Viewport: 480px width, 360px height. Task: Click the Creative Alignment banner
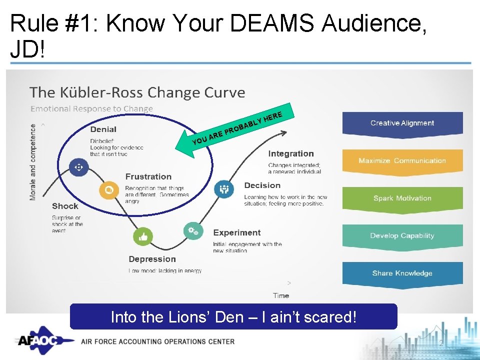point(402,123)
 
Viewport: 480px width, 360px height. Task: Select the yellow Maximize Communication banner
point(402,160)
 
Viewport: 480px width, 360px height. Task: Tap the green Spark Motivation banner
point(402,198)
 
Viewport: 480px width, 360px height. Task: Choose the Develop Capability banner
point(402,235)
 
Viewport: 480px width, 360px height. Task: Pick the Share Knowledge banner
point(402,273)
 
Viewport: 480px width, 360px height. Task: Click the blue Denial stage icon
point(78,167)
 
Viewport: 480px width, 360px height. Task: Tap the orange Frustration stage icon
point(108,190)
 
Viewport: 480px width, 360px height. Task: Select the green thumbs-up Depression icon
point(143,236)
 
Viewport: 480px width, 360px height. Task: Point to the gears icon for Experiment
point(192,230)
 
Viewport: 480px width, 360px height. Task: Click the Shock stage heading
point(65,206)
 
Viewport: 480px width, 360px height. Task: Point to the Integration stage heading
point(291,154)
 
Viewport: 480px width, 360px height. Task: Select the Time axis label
point(281,295)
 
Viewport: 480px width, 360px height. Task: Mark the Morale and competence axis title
point(33,162)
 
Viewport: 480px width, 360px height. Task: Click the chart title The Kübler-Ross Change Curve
point(137,92)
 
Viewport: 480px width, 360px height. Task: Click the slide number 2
point(441,343)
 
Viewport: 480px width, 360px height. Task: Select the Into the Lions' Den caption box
point(233,317)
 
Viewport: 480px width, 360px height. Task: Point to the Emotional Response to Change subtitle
point(91,108)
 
